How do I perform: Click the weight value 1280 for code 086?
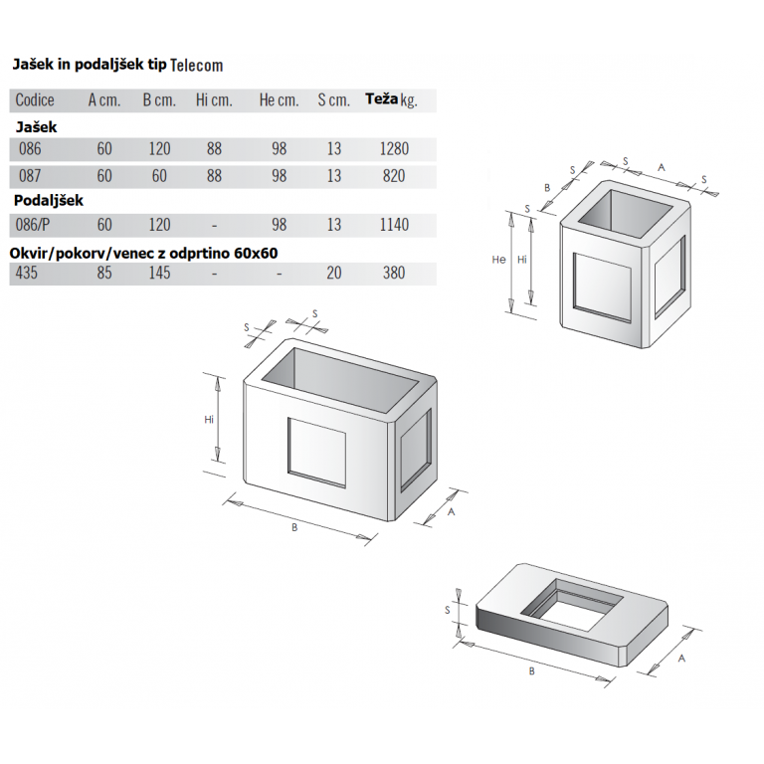[x=394, y=149]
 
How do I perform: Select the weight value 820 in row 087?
[x=394, y=176]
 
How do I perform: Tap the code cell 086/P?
[x=33, y=225]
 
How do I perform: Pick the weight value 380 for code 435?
[x=394, y=273]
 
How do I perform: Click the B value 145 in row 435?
[x=159, y=273]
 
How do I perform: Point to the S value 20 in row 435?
[x=334, y=273]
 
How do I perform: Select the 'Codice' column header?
[x=35, y=100]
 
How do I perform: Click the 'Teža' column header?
[x=382, y=98]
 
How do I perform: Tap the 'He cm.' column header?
[x=279, y=100]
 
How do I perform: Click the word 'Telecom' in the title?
[x=196, y=66]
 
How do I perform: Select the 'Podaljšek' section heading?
[x=48, y=201]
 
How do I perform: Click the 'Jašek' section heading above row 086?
[x=36, y=127]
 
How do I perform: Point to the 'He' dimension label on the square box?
[x=498, y=260]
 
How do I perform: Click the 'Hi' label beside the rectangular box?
[x=209, y=420]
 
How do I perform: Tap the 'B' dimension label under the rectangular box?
[x=294, y=527]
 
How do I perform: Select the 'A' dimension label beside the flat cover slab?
[x=681, y=659]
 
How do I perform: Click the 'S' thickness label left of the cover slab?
[x=448, y=610]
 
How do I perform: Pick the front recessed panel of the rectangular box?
[x=316, y=453]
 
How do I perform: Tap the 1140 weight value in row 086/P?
[x=394, y=225]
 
